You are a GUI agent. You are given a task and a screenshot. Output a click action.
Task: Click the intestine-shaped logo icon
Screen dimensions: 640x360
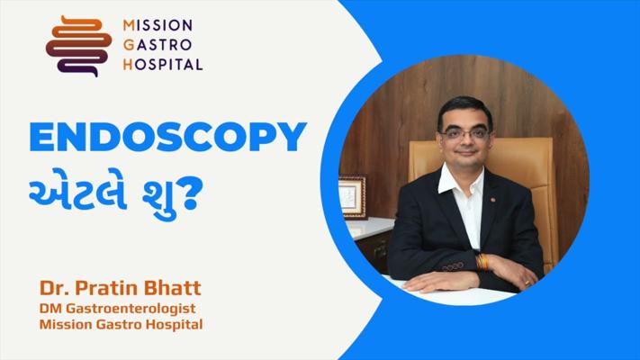click(x=79, y=46)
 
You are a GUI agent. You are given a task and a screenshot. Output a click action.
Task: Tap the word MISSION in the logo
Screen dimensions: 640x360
click(x=158, y=25)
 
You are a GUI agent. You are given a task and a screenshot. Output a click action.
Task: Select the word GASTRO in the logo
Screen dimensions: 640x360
click(x=158, y=44)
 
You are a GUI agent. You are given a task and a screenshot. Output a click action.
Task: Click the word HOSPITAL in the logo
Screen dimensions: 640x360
click(x=163, y=64)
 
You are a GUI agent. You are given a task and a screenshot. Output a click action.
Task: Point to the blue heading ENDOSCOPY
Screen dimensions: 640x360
click(x=167, y=137)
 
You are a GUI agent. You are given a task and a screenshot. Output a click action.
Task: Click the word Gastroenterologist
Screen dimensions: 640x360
click(x=131, y=309)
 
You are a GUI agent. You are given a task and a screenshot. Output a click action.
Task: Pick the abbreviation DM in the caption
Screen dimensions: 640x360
click(x=50, y=308)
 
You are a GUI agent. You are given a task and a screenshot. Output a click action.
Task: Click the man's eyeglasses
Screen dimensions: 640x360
click(x=465, y=133)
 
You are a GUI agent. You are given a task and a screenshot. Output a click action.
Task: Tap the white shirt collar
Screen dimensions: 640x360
click(x=460, y=180)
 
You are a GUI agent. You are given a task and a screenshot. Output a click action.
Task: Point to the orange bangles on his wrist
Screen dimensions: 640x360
click(x=482, y=262)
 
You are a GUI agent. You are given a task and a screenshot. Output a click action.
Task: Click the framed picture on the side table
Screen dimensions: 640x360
click(x=352, y=197)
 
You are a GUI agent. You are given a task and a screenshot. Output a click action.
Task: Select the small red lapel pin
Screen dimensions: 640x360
click(x=493, y=200)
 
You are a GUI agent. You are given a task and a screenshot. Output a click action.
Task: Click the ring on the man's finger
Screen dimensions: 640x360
click(x=527, y=282)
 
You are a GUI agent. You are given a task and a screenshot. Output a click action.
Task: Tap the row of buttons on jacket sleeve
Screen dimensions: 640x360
click(x=452, y=267)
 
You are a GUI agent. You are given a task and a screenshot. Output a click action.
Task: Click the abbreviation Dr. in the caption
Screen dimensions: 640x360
click(x=55, y=288)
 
